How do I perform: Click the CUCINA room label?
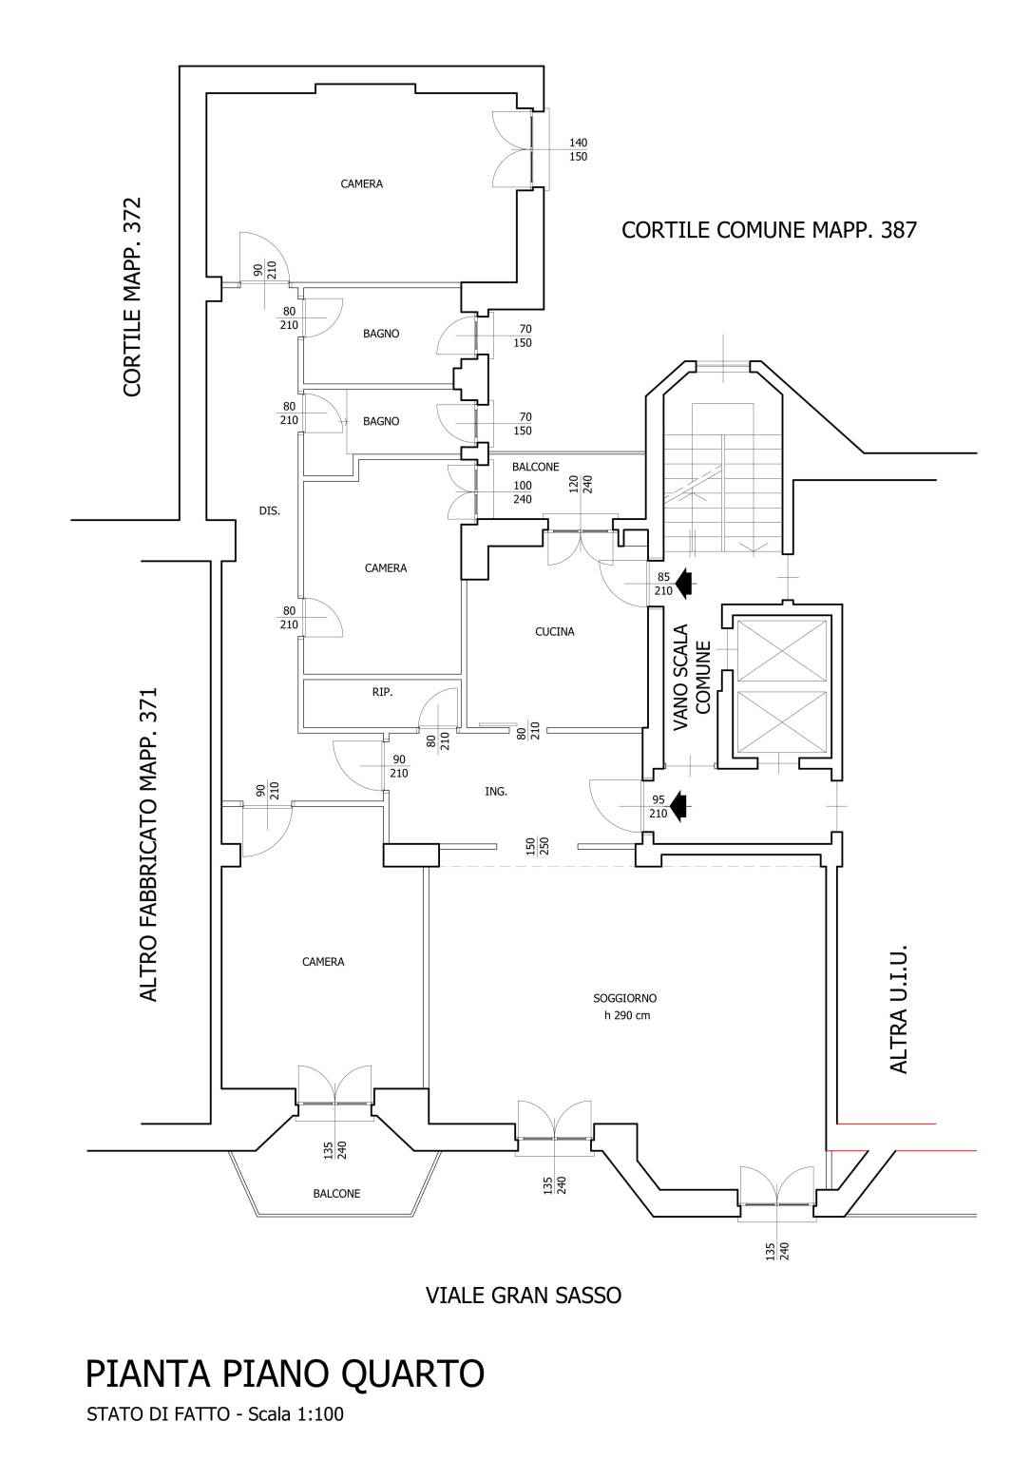[554, 631]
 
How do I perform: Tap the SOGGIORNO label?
[624, 998]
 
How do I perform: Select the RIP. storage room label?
[382, 692]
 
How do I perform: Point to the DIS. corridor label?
[269, 510]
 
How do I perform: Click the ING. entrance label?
[495, 791]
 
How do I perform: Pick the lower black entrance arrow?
[680, 806]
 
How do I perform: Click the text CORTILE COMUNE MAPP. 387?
[769, 230]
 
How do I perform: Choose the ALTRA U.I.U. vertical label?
[898, 1009]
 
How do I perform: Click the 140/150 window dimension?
[578, 149]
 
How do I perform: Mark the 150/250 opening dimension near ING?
[538, 845]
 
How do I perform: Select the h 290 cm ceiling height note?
[627, 1015]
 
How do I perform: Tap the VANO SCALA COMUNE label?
[692, 677]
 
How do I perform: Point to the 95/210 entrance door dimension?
[658, 806]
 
